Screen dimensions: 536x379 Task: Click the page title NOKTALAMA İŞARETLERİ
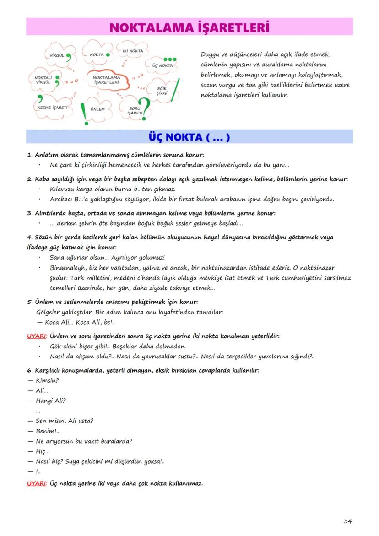point(189,27)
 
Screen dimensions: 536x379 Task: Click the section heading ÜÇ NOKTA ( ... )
point(189,137)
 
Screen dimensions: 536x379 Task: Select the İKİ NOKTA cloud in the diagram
point(133,50)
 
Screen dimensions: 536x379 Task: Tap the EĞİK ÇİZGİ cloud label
point(162,90)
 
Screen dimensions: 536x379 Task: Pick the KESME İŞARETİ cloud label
point(52,107)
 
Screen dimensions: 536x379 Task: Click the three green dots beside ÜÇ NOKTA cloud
point(170,60)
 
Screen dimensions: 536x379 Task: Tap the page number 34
point(347,521)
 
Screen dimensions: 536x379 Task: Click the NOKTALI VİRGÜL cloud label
point(43,80)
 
